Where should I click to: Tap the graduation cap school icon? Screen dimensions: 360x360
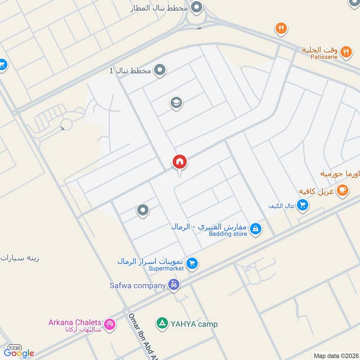pos(176,103)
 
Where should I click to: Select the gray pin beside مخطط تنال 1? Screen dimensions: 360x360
pos(159,70)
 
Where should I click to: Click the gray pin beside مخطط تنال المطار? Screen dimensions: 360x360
pos(196,7)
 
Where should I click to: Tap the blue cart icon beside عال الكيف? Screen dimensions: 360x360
pos(303,205)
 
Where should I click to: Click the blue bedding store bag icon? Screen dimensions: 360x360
pos(255,229)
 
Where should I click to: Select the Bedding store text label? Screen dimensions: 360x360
pos(229,234)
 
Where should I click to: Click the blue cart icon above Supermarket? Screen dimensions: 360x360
pos(192,263)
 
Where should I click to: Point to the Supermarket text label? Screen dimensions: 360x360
pos(166,269)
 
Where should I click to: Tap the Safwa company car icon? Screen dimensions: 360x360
pos(174,284)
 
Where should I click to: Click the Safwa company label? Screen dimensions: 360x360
pos(138,285)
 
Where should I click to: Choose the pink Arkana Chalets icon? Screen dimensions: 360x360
pos(109,324)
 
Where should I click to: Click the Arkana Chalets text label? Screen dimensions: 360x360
pos(75,322)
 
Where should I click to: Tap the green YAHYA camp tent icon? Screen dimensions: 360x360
pos(161,323)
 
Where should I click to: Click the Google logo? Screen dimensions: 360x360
pos(19,353)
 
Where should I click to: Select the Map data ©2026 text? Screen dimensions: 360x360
pos(335,355)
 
